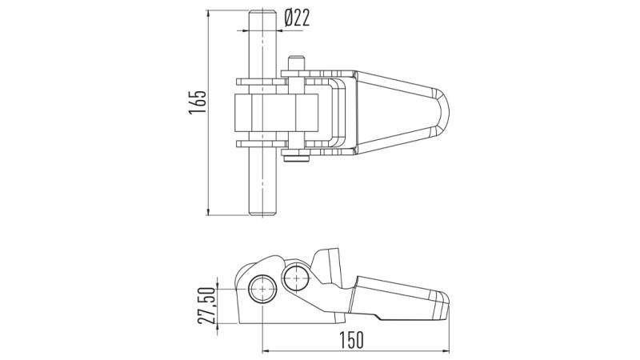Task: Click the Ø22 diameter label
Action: click(297, 18)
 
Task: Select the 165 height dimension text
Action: click(198, 102)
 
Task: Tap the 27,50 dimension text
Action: click(206, 306)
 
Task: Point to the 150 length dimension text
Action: click(351, 340)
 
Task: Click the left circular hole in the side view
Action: click(262, 289)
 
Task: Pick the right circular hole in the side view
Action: click(296, 277)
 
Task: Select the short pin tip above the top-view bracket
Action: click(296, 62)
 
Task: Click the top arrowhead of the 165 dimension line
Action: click(209, 13)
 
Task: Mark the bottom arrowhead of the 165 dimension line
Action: click(209, 212)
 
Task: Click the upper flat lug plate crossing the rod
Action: click(262, 82)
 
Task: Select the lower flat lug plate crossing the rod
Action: click(262, 143)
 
